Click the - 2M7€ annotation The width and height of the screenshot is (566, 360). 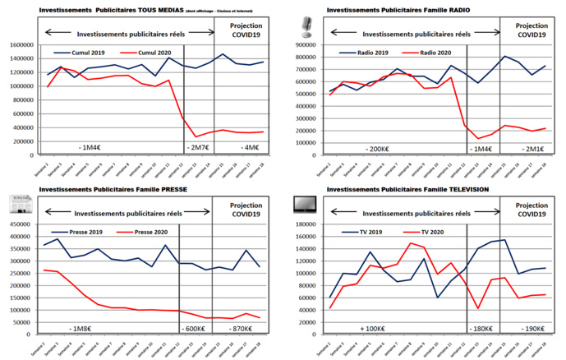(x=199, y=147)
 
